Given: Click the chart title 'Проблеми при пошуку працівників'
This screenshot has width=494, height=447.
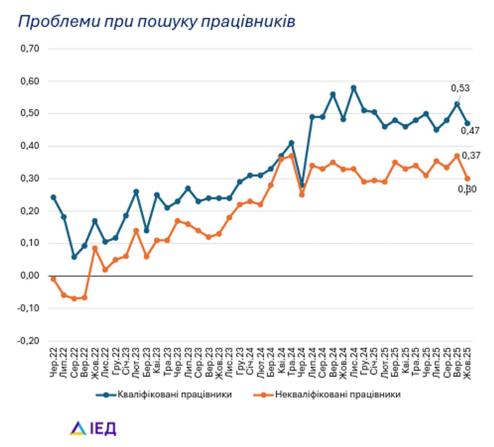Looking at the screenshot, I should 156,22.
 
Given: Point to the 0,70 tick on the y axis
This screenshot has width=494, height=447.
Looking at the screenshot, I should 30,49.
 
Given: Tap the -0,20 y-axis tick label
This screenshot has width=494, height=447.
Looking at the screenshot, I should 28,341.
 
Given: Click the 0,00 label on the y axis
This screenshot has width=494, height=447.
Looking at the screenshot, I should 30,276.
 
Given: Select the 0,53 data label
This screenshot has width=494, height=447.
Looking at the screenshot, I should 460,88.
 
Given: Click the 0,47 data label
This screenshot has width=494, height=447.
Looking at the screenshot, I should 470,131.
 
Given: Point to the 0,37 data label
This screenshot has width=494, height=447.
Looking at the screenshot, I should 471,155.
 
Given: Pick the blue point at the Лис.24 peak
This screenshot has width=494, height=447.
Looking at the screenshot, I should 354,88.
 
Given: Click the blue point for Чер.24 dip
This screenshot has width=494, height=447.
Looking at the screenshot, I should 302,186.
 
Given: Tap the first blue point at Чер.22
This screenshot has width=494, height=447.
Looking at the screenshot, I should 53,197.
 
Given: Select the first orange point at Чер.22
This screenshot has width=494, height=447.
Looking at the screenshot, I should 53,279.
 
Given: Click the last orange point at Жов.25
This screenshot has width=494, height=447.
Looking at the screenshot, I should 467,179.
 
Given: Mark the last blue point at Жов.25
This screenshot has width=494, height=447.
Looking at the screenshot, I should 467,123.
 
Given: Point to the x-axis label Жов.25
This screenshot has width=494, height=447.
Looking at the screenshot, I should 467,362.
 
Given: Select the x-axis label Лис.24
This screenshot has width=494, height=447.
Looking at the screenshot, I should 354,362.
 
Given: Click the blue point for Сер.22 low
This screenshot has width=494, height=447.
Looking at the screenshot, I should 74,257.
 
